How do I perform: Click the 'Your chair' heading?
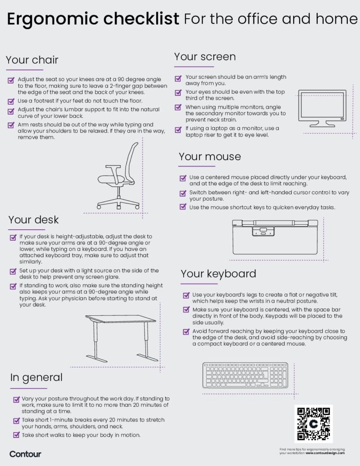32,60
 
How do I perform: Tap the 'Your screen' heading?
205,56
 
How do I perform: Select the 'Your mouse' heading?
210,157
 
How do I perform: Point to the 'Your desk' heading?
34,220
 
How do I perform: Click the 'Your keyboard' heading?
218,274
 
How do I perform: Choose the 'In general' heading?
36,377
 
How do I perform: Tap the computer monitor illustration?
322,108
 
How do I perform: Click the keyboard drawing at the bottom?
245,375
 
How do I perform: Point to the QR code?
314,424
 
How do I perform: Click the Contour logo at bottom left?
25,454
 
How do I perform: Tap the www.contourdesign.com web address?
325,453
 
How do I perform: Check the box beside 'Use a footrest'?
11,101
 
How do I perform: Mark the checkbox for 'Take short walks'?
16,435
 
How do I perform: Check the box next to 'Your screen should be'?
179,78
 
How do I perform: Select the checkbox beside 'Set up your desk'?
13,271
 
